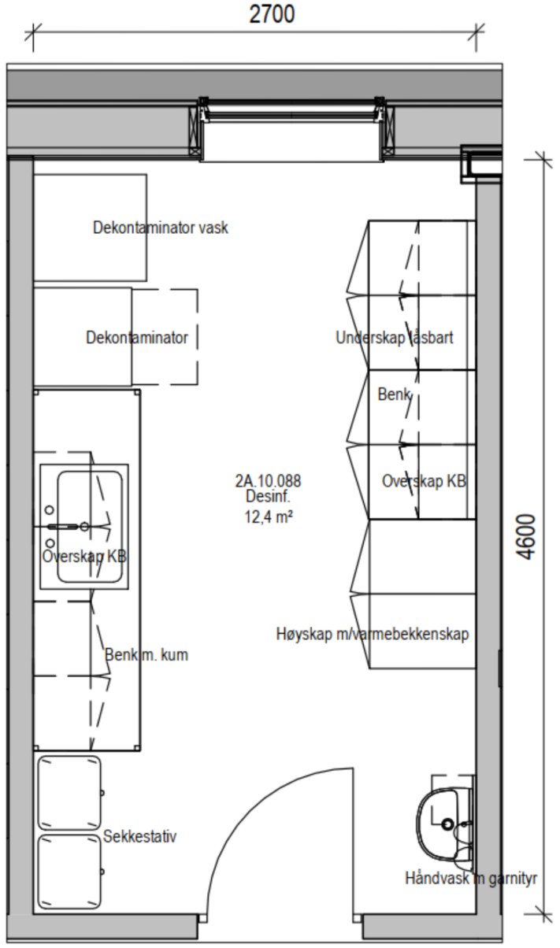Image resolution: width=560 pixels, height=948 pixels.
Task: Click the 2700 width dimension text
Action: point(272,14)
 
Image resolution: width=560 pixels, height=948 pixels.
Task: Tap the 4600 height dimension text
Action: point(528,536)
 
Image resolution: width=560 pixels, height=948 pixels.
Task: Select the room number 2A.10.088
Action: point(268,480)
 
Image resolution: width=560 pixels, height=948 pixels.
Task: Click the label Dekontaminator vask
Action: point(161,228)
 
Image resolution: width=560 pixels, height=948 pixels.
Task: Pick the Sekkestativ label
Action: point(140,836)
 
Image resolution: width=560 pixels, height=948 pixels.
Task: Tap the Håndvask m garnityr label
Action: point(471,877)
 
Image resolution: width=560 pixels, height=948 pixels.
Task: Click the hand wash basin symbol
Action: point(445,823)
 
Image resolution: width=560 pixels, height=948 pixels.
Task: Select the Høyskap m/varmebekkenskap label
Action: point(373,634)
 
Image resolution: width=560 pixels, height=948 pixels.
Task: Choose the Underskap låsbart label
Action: point(395,338)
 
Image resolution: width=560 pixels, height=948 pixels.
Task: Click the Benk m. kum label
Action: point(146,654)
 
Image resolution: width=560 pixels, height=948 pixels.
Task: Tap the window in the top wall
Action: point(291,126)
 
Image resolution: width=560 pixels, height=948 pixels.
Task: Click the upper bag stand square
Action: point(69,792)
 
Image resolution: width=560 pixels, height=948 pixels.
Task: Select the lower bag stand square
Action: point(69,871)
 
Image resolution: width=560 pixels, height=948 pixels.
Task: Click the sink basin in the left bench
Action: point(89,526)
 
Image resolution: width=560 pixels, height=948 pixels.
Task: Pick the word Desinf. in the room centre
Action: point(268,498)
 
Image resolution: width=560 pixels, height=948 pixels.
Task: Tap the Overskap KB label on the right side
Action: point(424,481)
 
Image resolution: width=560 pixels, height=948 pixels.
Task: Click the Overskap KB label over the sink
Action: point(85,556)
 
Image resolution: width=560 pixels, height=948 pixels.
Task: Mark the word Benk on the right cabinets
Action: point(395,394)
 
